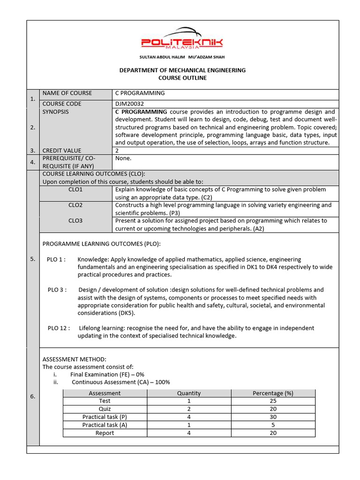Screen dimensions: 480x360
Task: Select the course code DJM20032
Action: [128, 104]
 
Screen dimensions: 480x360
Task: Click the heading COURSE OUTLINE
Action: [182, 78]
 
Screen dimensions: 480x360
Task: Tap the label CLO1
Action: [75, 190]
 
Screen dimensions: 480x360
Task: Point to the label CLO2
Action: [75, 205]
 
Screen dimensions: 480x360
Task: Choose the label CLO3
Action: [75, 221]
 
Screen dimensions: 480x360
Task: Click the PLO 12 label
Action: [59, 328]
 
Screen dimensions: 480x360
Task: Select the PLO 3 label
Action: [57, 290]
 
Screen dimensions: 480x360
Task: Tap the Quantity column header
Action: [188, 393]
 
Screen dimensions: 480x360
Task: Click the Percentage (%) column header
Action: [273, 393]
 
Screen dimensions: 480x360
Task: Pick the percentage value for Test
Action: [273, 401]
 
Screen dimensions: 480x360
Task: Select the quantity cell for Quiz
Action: [188, 409]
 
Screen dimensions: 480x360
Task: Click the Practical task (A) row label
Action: [105, 425]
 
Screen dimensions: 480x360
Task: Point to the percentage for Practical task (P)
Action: [273, 417]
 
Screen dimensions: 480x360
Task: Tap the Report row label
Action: [105, 433]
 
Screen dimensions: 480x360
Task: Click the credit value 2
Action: [117, 150]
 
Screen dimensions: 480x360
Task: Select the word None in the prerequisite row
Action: [123, 158]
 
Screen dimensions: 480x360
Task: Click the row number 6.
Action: [33, 397]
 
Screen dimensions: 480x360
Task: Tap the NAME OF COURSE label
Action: [67, 93]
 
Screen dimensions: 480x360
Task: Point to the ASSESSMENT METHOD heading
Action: [75, 359]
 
